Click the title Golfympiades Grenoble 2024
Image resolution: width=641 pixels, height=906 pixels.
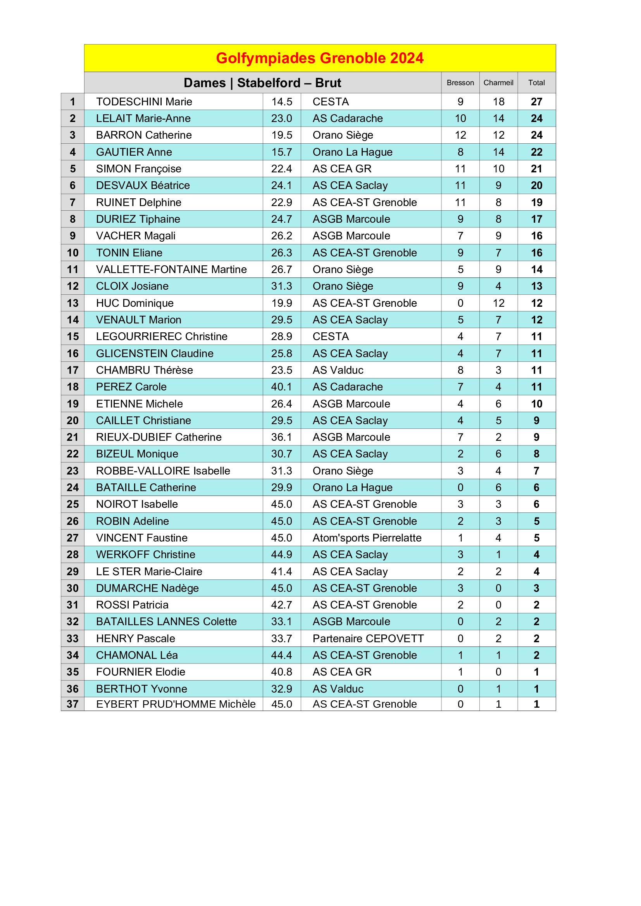[x=320, y=58]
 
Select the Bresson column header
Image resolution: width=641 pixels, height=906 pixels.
[x=460, y=83]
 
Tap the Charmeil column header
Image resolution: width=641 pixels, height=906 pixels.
[x=498, y=83]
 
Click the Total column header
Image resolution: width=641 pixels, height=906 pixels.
[x=536, y=83]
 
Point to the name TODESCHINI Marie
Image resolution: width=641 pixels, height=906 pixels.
[x=144, y=102]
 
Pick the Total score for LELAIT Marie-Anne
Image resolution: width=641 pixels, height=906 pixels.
[x=536, y=119]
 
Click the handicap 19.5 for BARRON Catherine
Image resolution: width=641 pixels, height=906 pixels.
[x=281, y=135]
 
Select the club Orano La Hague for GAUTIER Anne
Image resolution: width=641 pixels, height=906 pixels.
[x=352, y=152]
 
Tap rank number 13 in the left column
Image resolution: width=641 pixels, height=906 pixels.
[x=72, y=303]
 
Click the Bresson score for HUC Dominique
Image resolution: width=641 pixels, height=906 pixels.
[x=460, y=303]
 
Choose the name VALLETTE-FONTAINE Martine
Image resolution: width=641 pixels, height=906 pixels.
[x=171, y=270]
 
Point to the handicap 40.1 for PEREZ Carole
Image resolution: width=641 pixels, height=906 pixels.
[x=281, y=387]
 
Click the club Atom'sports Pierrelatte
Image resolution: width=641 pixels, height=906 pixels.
[x=367, y=538]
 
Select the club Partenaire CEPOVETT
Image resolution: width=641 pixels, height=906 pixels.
[x=368, y=639]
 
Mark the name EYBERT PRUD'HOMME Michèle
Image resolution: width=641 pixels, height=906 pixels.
[x=176, y=704]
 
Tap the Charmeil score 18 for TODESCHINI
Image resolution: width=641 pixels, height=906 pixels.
[x=498, y=102]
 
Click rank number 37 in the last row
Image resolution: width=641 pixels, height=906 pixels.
[x=72, y=704]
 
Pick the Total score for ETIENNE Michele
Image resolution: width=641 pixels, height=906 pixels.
[x=536, y=404]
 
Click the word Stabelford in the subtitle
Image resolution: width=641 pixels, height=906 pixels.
[x=269, y=83]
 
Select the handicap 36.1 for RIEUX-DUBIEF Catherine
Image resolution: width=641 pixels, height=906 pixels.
[x=281, y=438]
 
